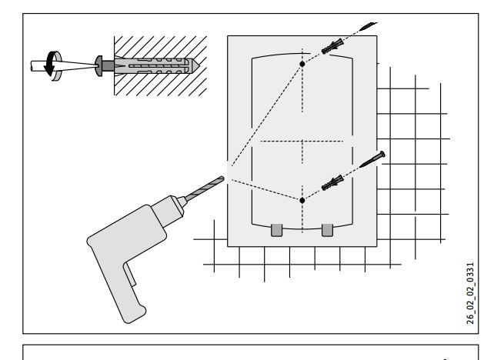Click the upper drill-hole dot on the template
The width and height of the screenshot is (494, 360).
point(302,63)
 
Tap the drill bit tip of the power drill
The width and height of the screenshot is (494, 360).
point(222,178)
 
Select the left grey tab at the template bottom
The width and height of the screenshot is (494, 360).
point(278,230)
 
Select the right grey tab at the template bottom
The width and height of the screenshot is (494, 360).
point(327,230)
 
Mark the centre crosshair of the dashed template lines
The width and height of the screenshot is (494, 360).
point(302,142)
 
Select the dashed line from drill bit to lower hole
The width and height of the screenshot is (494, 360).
point(262,189)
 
